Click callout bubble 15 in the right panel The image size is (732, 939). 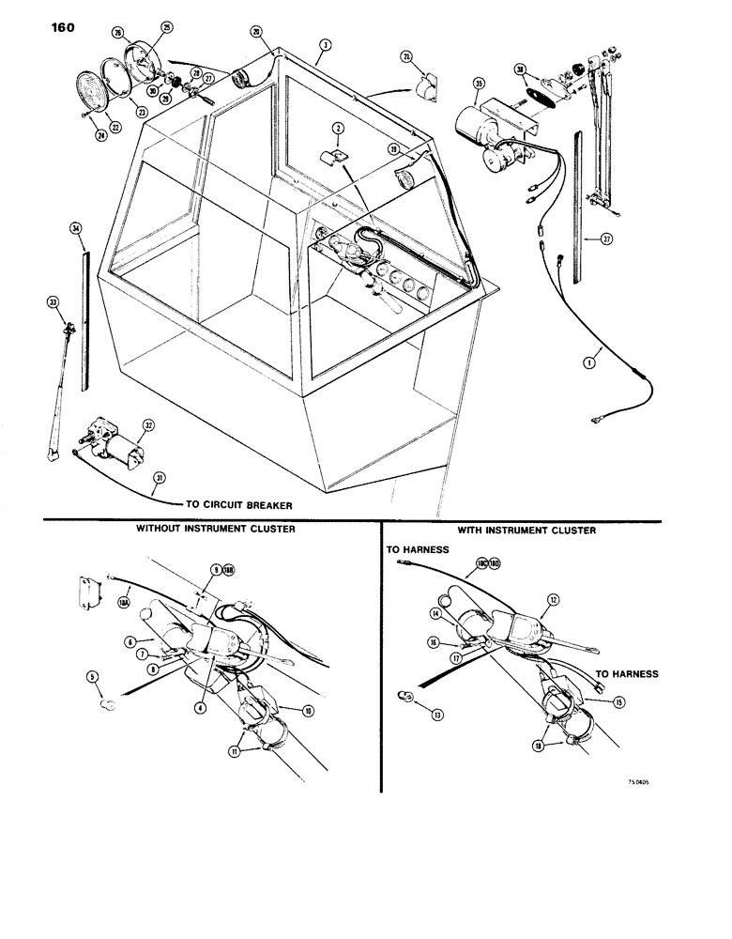point(619,701)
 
